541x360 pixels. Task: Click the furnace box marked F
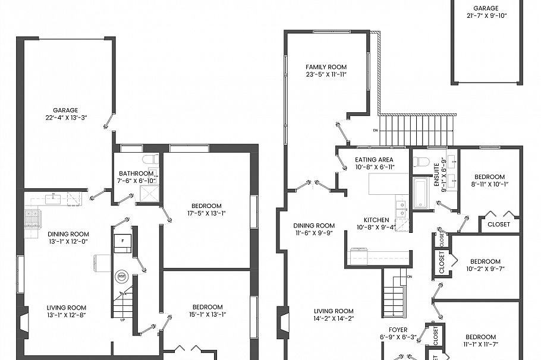click(x=122, y=242)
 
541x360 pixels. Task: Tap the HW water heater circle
click(x=122, y=276)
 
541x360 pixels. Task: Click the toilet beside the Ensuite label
click(x=422, y=162)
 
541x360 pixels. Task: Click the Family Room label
click(x=326, y=67)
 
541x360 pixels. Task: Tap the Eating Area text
click(x=374, y=160)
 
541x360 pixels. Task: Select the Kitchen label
click(x=373, y=220)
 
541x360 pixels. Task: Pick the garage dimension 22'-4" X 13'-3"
click(x=65, y=118)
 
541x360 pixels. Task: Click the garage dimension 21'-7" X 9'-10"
click(x=486, y=16)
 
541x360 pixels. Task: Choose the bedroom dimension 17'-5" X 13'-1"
click(x=206, y=213)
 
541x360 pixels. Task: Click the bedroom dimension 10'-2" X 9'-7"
click(x=485, y=269)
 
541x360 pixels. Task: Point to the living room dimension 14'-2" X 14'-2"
click(x=334, y=318)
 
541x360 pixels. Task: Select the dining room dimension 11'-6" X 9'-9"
click(x=313, y=233)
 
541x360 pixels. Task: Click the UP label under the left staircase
click(x=123, y=319)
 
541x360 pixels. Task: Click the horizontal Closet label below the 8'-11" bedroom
click(x=498, y=225)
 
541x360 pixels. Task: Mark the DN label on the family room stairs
click(x=375, y=130)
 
